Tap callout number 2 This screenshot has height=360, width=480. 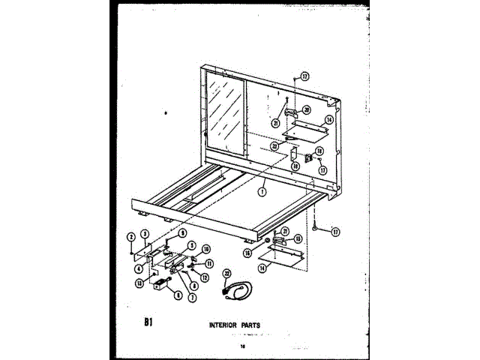point(130,236)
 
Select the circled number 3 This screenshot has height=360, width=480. point(143,233)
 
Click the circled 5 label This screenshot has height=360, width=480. point(192,244)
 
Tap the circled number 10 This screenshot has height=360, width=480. point(206,249)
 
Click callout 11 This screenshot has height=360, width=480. point(209,263)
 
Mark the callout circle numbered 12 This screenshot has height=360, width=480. point(204,277)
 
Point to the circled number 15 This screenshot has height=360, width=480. point(297,238)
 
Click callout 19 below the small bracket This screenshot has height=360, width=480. point(295,166)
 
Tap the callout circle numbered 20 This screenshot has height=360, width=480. point(307,110)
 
